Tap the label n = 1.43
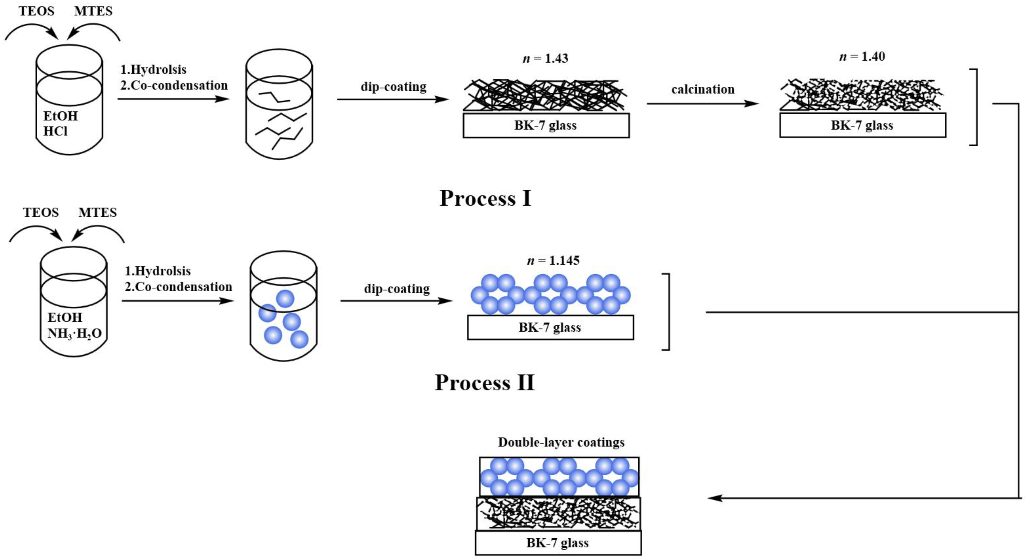[x=545, y=59]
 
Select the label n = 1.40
[x=862, y=57]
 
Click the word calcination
[x=703, y=89]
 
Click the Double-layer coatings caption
[x=561, y=442]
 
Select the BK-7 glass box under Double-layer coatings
[x=558, y=543]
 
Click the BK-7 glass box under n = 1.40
[x=862, y=125]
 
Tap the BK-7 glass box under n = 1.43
[x=546, y=125]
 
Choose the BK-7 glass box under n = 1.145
[x=550, y=327]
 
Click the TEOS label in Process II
[x=41, y=212]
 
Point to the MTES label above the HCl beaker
[x=93, y=11]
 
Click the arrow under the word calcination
[x=703, y=104]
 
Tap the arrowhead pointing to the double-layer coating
[x=715, y=498]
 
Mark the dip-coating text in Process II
[x=397, y=289]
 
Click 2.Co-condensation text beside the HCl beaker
[x=174, y=85]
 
